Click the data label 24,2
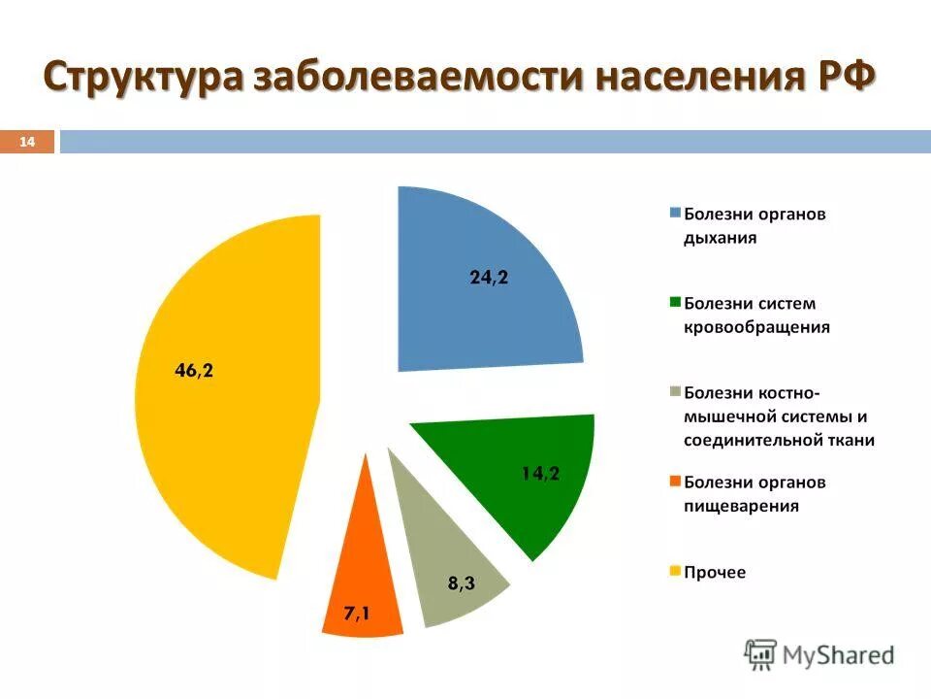point(489,278)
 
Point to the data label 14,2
point(540,474)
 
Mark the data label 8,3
point(462,584)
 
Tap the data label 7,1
point(356,614)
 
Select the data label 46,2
point(194,370)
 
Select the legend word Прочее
point(715,572)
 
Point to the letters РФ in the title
point(841,77)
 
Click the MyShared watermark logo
point(819,654)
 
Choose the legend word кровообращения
point(756,327)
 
